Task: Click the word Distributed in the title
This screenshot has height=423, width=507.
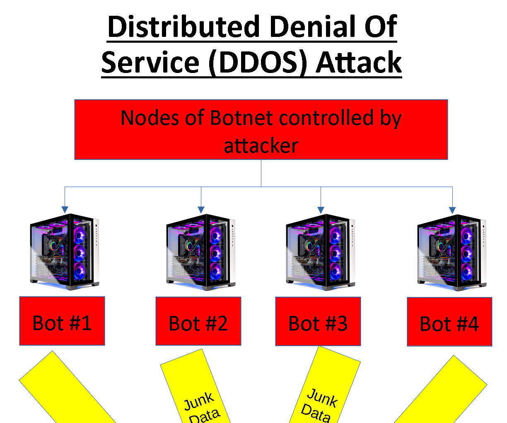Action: click(x=183, y=27)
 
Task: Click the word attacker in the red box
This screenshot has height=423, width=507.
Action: click(x=261, y=146)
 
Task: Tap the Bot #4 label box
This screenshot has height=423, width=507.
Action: click(x=449, y=322)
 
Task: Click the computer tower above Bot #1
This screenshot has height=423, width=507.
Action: click(x=64, y=252)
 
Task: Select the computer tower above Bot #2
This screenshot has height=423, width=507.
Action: click(x=200, y=252)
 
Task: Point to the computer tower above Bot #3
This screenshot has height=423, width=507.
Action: click(x=320, y=252)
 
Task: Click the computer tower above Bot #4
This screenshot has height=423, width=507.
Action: click(x=451, y=252)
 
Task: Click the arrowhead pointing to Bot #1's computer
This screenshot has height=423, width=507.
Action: click(x=65, y=209)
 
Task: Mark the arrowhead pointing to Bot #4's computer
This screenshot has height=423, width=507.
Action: click(x=452, y=210)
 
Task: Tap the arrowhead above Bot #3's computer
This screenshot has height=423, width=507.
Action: click(x=321, y=210)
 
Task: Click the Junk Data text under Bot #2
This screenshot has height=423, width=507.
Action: click(x=201, y=408)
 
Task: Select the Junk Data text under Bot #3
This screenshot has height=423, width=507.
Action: click(x=319, y=405)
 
